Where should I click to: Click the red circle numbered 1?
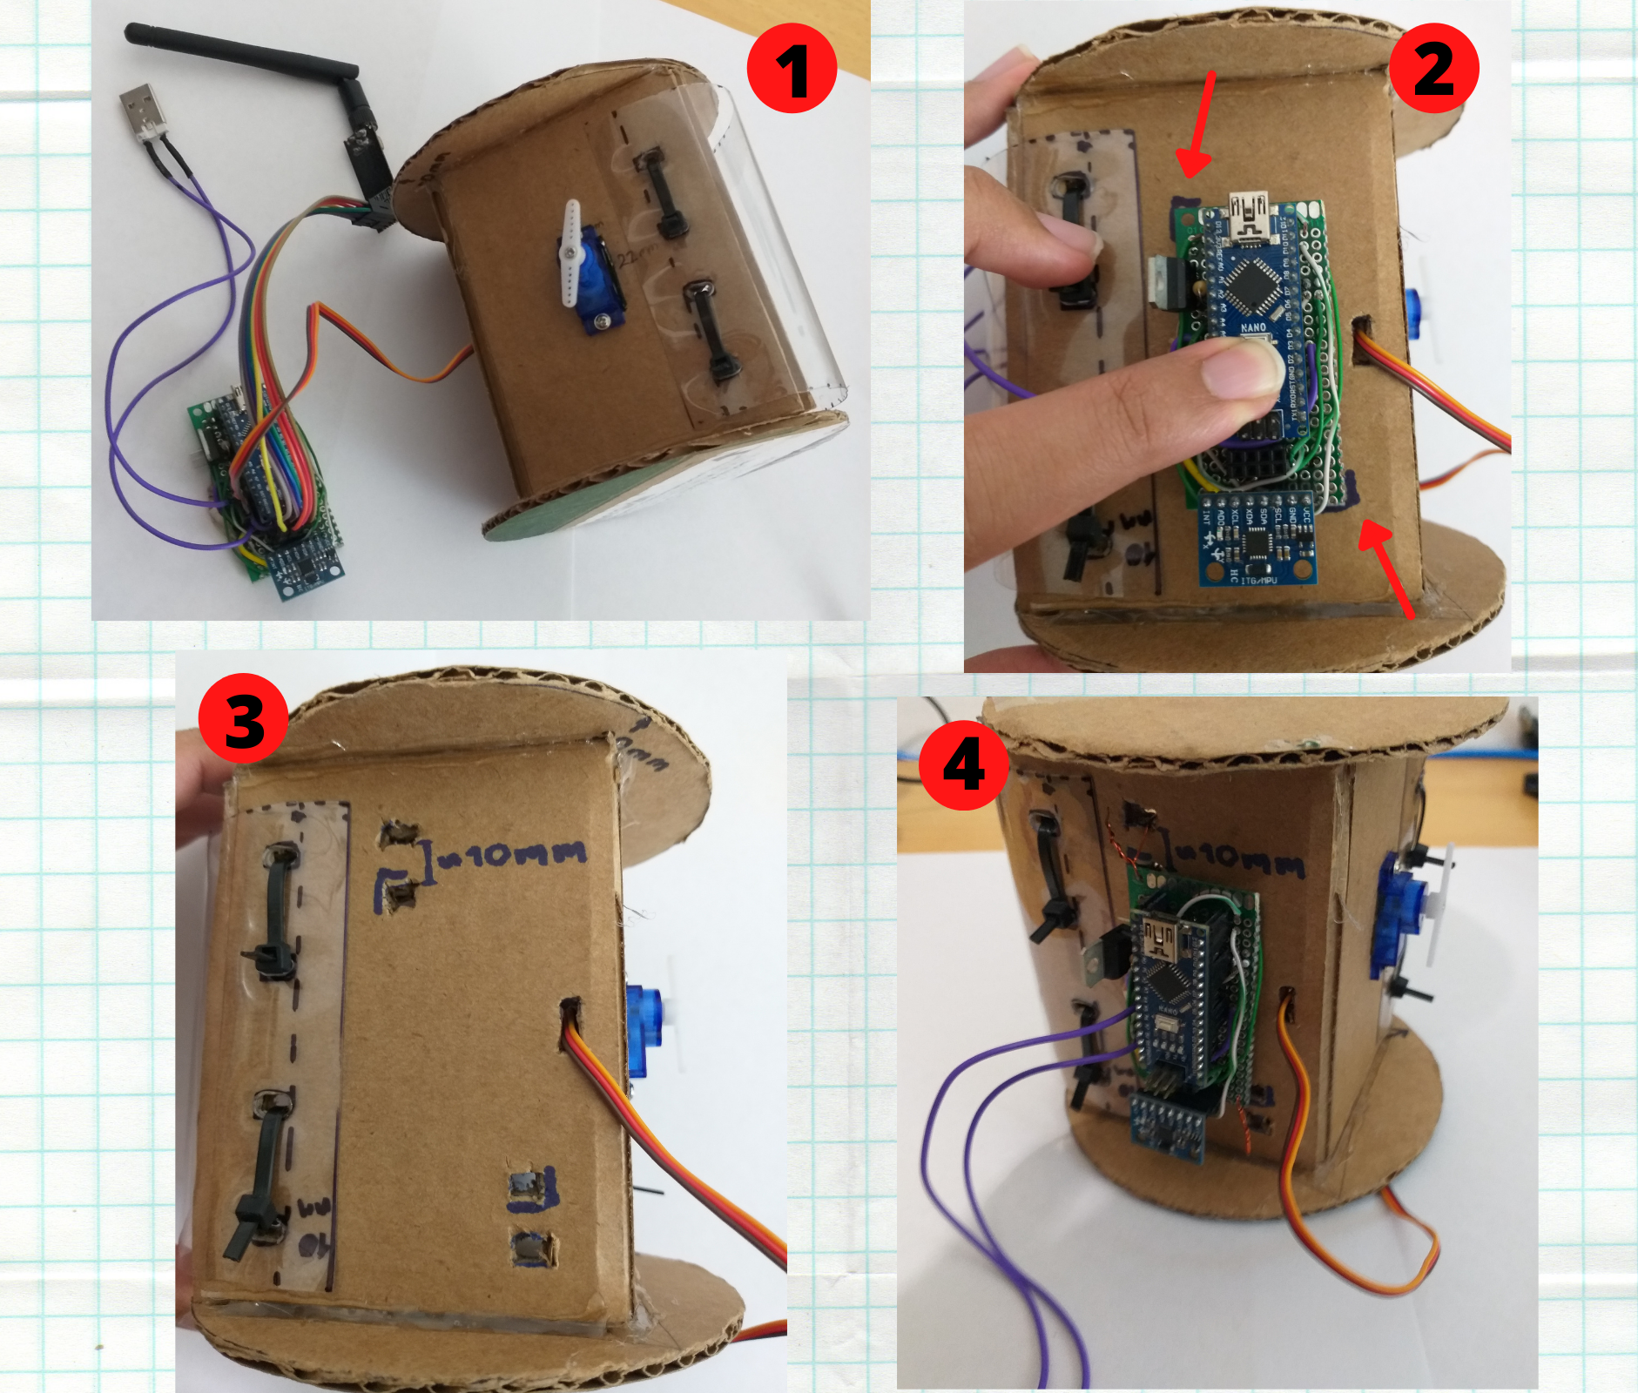tap(792, 68)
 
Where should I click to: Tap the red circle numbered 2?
tap(1433, 68)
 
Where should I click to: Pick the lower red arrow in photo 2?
tap(1388, 566)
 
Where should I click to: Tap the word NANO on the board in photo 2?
tap(1253, 327)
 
